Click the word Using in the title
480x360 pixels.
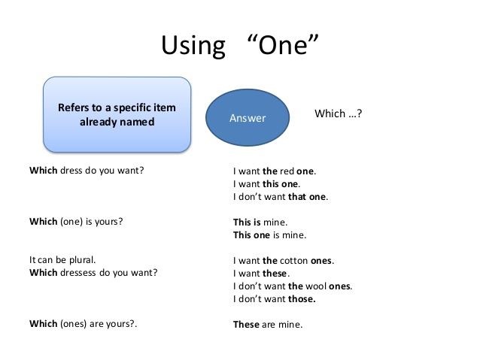193,46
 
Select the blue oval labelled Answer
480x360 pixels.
248,117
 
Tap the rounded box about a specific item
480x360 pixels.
117,114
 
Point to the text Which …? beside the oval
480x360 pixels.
338,113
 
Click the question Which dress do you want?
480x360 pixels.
87,171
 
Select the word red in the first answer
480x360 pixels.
287,171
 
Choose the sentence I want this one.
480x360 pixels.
266,184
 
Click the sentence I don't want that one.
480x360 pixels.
280,197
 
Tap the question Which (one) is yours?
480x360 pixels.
76,222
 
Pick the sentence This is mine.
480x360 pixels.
260,222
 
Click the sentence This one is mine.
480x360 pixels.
269,235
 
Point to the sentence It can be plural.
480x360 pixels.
62,260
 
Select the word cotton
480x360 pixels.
294,261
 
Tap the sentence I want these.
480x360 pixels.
261,273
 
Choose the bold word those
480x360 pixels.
302,299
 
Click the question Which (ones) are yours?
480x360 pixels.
83,324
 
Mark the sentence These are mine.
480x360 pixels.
268,324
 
